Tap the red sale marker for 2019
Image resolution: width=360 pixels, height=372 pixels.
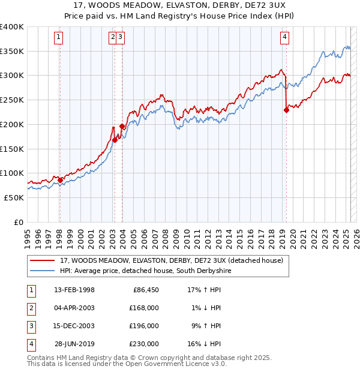(287, 109)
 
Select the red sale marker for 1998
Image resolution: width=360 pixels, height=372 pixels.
(60, 179)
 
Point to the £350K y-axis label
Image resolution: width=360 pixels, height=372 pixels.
(12, 52)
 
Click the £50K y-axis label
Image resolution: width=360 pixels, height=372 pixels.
(14, 197)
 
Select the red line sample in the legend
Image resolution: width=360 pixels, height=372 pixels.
(43, 260)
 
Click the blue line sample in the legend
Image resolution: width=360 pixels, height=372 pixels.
(43, 271)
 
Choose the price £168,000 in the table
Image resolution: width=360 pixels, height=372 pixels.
(143, 308)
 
